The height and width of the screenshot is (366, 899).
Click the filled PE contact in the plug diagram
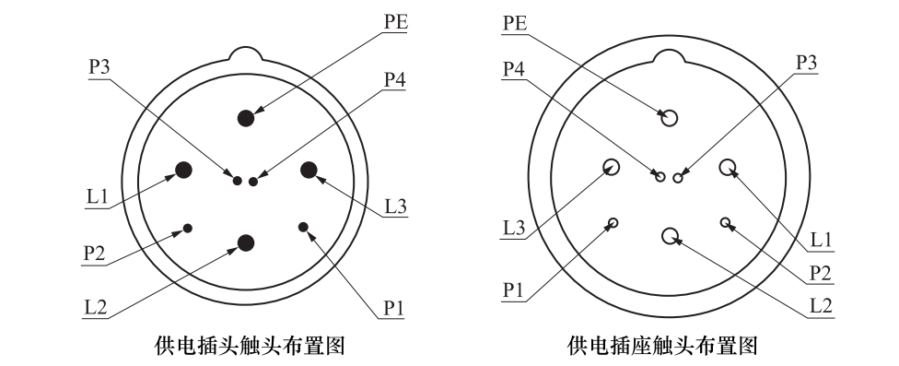tap(246, 117)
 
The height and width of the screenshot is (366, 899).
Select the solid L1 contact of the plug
tap(183, 169)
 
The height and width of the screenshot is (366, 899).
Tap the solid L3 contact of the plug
tap(309, 169)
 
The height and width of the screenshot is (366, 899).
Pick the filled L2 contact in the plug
tap(246, 242)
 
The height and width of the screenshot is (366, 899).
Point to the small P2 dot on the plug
tap(188, 228)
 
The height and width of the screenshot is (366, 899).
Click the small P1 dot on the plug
tap(304, 227)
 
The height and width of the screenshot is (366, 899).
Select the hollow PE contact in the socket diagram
tap(670, 117)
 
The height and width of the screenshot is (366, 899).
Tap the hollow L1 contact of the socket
tap(729, 167)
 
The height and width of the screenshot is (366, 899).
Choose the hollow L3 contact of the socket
tap(611, 167)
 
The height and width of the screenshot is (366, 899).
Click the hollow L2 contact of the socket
tap(670, 236)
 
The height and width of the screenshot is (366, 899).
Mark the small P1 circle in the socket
tap(613, 222)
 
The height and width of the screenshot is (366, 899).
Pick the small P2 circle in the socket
tap(726, 222)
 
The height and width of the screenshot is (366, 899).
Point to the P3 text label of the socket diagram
tap(807, 62)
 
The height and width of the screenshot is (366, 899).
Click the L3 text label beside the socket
tap(513, 226)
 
